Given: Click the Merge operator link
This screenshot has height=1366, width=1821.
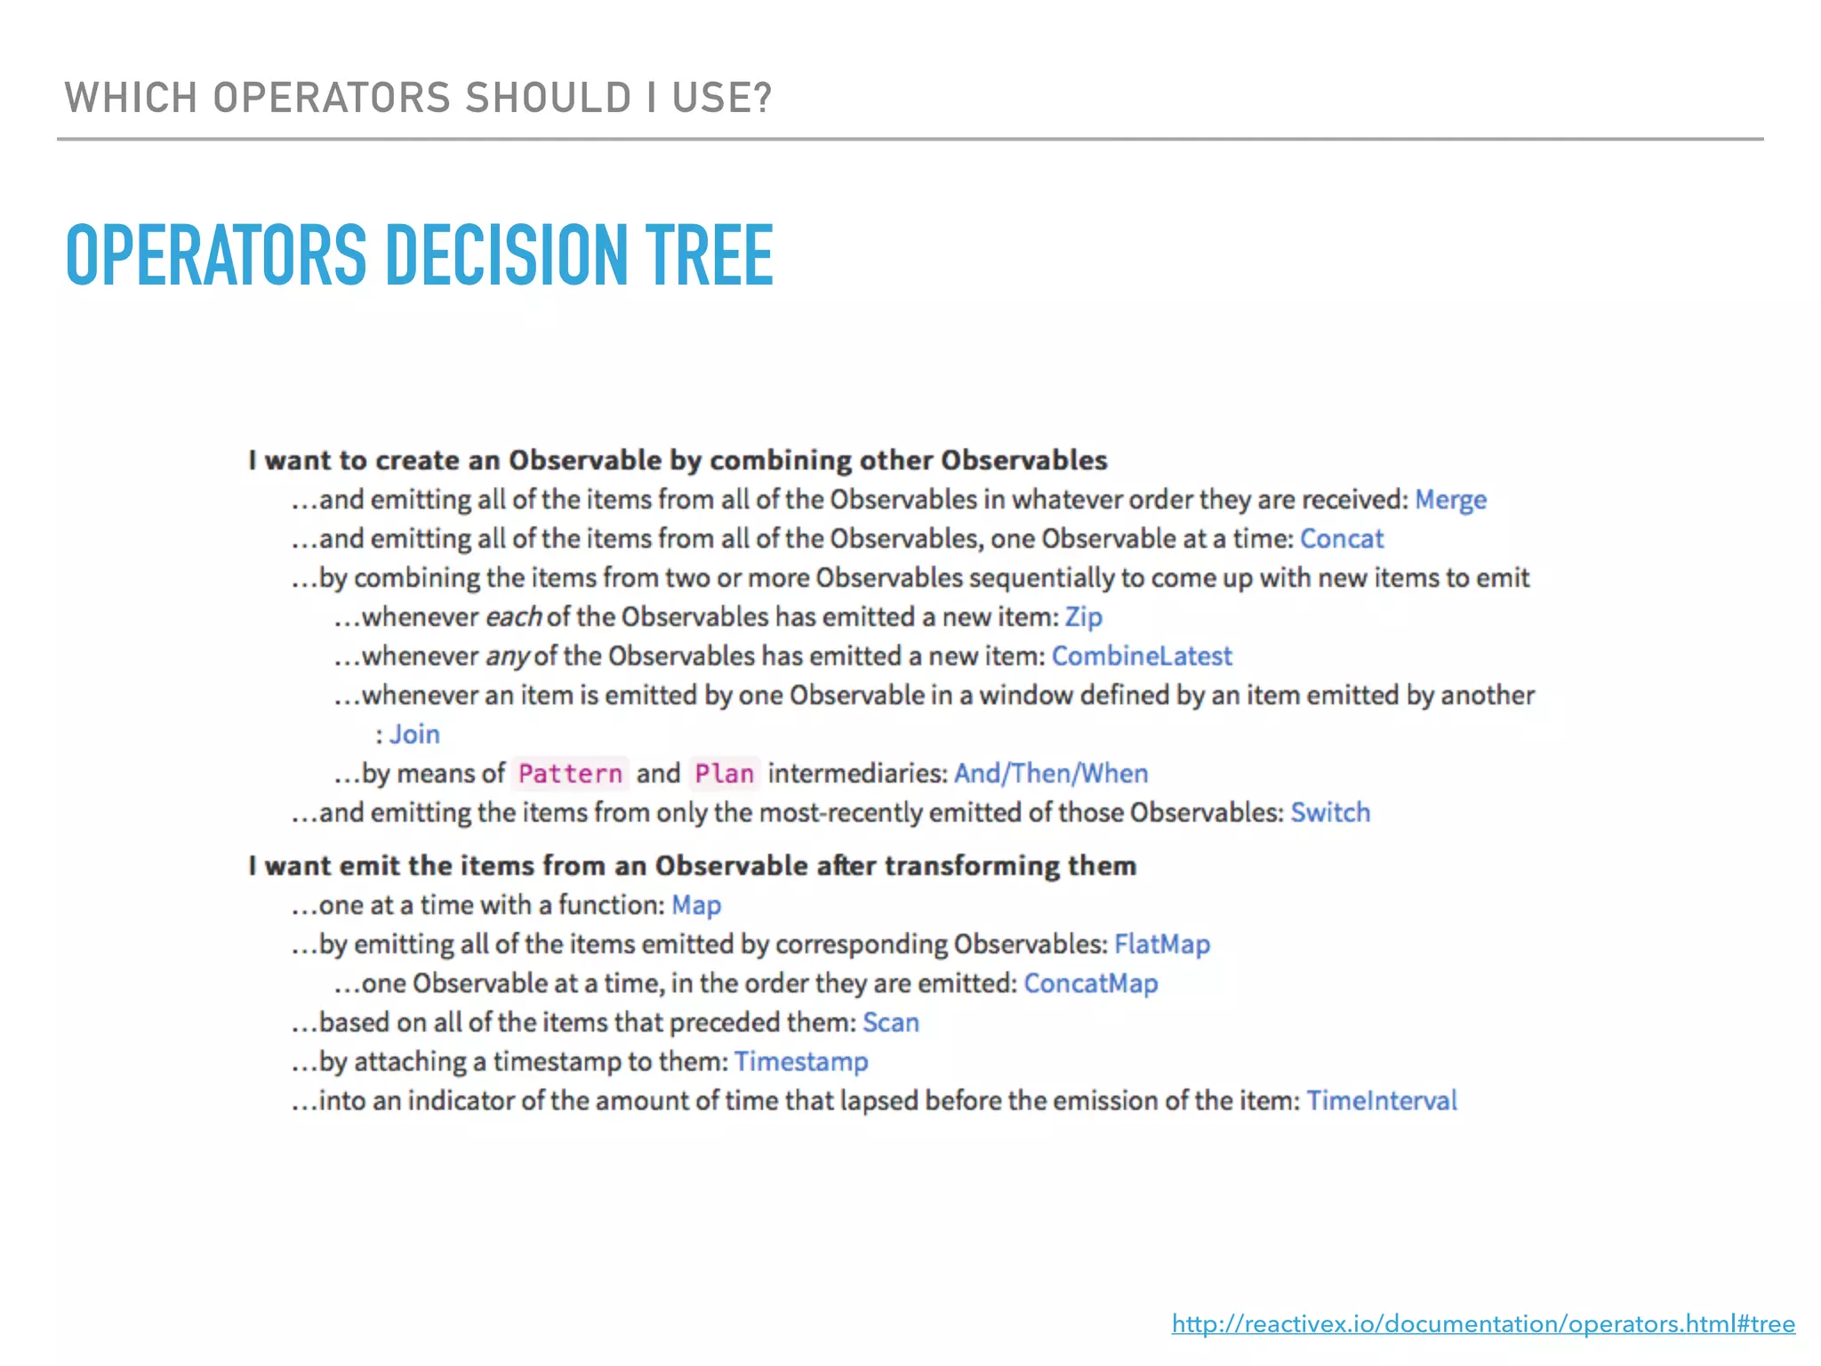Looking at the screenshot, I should coord(1450,500).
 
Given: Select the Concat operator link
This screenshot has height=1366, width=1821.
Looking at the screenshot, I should coord(1342,539).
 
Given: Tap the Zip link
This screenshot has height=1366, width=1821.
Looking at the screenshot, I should coord(1083,617).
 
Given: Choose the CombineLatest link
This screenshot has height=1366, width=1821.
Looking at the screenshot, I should coord(1142,656).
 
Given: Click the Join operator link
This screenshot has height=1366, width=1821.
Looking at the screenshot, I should coord(414,735).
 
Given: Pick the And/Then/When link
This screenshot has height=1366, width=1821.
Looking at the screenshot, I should coord(1051,774).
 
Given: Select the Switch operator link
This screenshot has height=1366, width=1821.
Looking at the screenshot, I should coord(1330,813).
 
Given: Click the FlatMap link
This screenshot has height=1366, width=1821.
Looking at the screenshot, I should coord(1162,944).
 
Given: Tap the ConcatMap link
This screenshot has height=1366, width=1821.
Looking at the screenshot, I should coord(1091,984).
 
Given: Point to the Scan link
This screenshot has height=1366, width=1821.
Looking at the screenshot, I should coord(891,1023).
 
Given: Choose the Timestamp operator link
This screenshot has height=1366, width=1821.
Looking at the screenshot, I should coord(801,1062).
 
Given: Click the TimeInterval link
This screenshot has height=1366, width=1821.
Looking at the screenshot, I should coord(1382,1101).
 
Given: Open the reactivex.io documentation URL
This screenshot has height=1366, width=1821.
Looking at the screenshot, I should coord(1483,1324).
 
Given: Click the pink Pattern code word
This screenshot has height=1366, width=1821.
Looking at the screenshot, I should coord(570,774).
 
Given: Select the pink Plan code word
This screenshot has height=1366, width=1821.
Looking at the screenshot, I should coord(724,774).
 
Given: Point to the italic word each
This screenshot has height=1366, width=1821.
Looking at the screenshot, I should coord(513,617).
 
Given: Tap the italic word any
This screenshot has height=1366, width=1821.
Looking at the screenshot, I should coord(507,657).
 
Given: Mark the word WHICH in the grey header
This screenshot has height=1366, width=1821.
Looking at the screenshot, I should coord(131,98).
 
